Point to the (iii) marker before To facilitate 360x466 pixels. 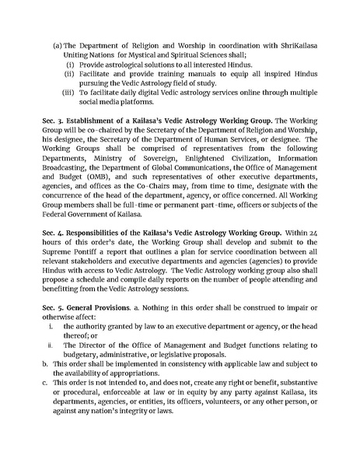coord(68,92)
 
